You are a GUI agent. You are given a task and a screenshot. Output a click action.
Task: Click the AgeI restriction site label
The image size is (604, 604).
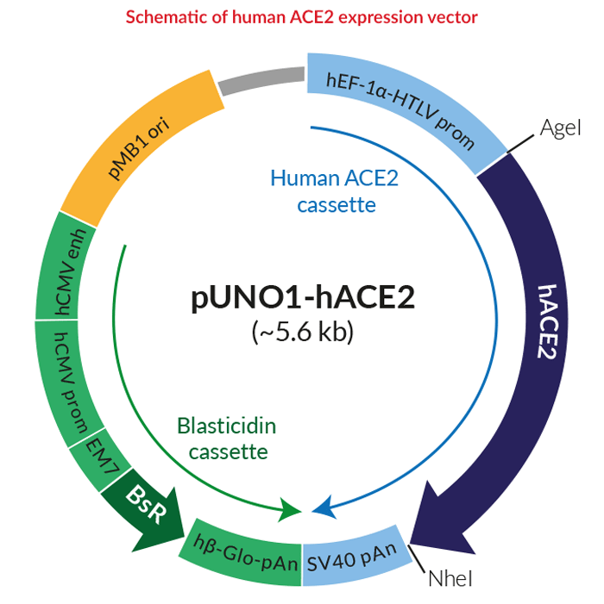click(560, 128)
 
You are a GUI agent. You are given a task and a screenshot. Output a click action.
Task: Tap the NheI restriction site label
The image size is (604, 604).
click(450, 578)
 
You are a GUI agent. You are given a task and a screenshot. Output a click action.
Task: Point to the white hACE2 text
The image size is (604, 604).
click(548, 321)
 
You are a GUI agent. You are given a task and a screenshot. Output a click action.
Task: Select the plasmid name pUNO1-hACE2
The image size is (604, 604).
click(303, 297)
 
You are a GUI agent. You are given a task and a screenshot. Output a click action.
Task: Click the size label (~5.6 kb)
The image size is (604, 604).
click(302, 331)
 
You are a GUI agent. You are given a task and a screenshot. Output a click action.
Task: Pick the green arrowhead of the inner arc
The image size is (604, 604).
click(289, 510)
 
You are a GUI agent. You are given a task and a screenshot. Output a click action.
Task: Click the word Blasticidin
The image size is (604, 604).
click(227, 427)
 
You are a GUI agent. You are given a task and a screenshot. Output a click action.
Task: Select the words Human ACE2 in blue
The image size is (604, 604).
click(334, 178)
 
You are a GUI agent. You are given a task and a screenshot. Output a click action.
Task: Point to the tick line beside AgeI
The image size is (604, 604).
click(520, 144)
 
